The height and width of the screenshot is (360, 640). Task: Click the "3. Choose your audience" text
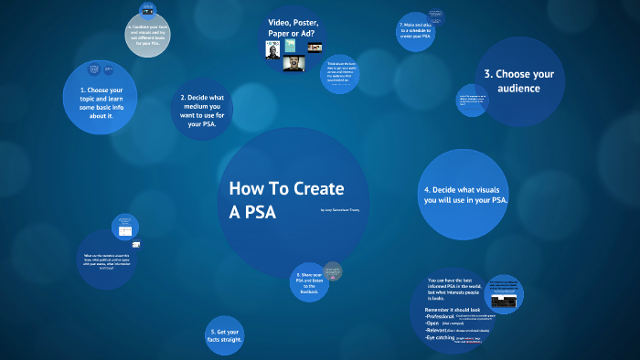pos(519,81)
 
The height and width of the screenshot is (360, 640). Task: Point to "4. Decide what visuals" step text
pos(466,195)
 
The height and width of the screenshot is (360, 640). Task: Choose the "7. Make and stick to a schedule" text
pos(417,31)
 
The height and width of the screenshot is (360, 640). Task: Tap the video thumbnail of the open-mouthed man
pos(293,64)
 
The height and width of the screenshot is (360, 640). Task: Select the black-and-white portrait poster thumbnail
pos(272,50)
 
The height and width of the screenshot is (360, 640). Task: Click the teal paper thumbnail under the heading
pos(291,45)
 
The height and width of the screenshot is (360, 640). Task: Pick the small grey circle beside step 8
pos(333,270)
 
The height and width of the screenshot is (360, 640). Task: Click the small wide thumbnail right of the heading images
pos(314,47)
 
